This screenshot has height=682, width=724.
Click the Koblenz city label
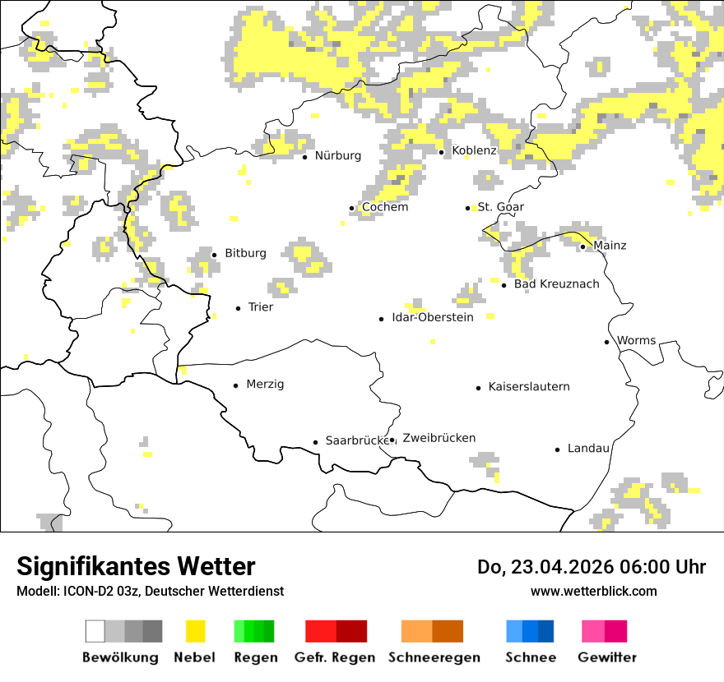tap(474, 151)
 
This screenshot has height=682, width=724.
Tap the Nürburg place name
tap(337, 156)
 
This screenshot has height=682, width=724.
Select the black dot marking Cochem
tap(351, 208)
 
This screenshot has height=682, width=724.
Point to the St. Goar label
tap(500, 207)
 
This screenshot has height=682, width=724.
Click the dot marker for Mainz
tap(582, 247)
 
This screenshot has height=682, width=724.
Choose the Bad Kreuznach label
tap(556, 284)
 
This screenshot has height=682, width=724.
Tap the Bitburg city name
tap(245, 254)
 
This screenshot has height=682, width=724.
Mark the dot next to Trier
tap(238, 308)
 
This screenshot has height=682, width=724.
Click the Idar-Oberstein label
tap(432, 318)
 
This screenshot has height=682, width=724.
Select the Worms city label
tap(636, 341)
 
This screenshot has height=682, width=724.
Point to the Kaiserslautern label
tap(528, 387)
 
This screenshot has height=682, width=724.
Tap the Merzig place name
tap(265, 385)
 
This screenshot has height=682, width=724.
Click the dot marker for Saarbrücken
tap(315, 442)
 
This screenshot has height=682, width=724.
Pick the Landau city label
tap(588, 449)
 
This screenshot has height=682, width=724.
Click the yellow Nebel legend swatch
tap(195, 631)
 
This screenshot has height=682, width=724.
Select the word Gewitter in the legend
tap(606, 658)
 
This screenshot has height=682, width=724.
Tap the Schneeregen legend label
tap(434, 658)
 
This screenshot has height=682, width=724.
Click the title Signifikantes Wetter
tap(136, 567)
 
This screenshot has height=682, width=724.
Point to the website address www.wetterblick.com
tap(593, 592)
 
